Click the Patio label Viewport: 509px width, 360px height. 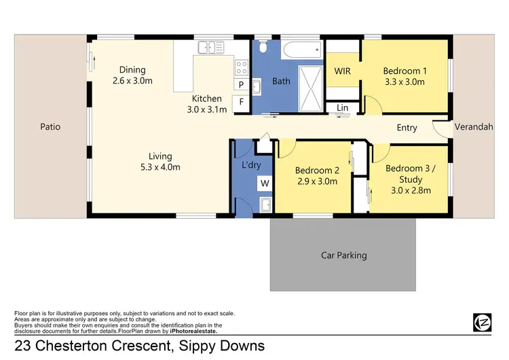click(x=50, y=126)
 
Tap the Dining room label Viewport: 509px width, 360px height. click(x=132, y=70)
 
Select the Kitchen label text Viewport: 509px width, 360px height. click(x=207, y=99)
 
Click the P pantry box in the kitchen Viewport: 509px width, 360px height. click(x=240, y=85)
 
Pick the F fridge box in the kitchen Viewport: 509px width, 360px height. click(x=240, y=103)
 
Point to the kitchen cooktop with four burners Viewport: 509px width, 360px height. click(x=242, y=67)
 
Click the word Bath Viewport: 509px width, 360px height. click(x=281, y=82)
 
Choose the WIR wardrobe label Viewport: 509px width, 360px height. click(x=342, y=71)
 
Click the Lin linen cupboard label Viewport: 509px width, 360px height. click(x=342, y=108)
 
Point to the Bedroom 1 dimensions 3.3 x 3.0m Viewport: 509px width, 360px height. click(x=404, y=82)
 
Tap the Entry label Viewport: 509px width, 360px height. click(x=407, y=128)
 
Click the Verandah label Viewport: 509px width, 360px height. click(x=473, y=126)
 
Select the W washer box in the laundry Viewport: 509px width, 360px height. click(x=265, y=183)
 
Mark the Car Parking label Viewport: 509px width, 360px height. click(x=343, y=255)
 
